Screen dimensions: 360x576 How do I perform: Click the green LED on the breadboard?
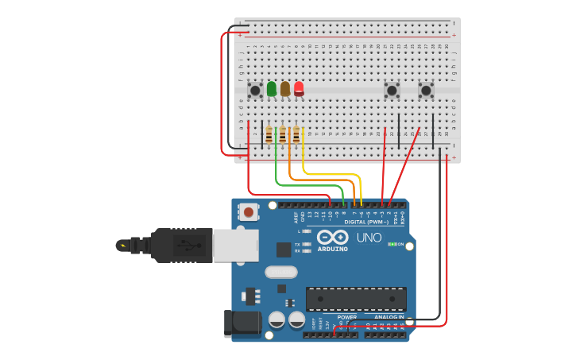pyautogui.click(x=272, y=88)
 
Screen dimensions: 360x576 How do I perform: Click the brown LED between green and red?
pyautogui.click(x=285, y=88)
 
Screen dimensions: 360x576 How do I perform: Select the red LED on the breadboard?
pyautogui.click(x=299, y=88)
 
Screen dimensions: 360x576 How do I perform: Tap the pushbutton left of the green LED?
pyautogui.click(x=255, y=91)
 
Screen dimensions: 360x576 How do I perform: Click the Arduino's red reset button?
pyautogui.click(x=249, y=212)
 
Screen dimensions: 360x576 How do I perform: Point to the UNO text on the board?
pyautogui.click(x=368, y=238)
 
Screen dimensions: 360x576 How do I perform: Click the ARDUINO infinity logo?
pyautogui.click(x=332, y=238)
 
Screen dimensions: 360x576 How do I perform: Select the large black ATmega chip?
pyautogui.click(x=356, y=299)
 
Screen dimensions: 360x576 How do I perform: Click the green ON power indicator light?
pyautogui.click(x=392, y=244)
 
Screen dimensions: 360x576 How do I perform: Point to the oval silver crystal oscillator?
pyautogui.click(x=280, y=273)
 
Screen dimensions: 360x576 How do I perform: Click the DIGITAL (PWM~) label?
pyautogui.click(x=366, y=222)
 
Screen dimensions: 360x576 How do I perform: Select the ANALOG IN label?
pyautogui.click(x=389, y=317)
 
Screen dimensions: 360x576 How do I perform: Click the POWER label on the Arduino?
pyautogui.click(x=346, y=317)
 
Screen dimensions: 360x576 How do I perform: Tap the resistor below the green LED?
pyautogui.click(x=269, y=134)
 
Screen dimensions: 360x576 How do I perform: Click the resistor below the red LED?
pyautogui.click(x=296, y=134)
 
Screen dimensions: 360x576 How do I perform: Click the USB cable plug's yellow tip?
pyautogui.click(x=122, y=246)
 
